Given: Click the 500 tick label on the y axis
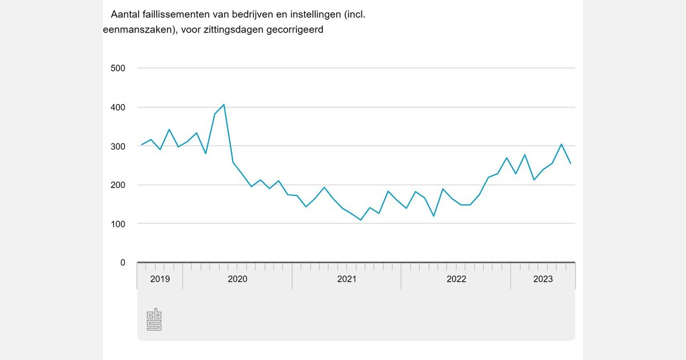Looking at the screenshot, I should (117, 69).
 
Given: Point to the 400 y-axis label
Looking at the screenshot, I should (117, 107).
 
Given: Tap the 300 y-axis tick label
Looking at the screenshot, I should (117, 146).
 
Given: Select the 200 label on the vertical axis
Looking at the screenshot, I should (117, 185).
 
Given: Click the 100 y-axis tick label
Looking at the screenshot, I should (117, 224).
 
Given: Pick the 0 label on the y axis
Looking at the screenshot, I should (122, 263).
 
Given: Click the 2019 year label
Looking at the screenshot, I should (159, 279).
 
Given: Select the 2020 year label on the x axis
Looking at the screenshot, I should (237, 279).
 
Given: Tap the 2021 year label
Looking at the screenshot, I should (346, 279).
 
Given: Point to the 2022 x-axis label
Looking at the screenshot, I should (456, 279).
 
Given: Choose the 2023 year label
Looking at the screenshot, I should (543, 279).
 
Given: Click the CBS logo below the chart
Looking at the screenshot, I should (154, 319).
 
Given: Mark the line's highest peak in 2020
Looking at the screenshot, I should (224, 105).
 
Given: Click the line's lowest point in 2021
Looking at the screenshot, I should (361, 220).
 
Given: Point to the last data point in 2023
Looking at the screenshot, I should (571, 163).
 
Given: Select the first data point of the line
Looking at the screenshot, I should (142, 145).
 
